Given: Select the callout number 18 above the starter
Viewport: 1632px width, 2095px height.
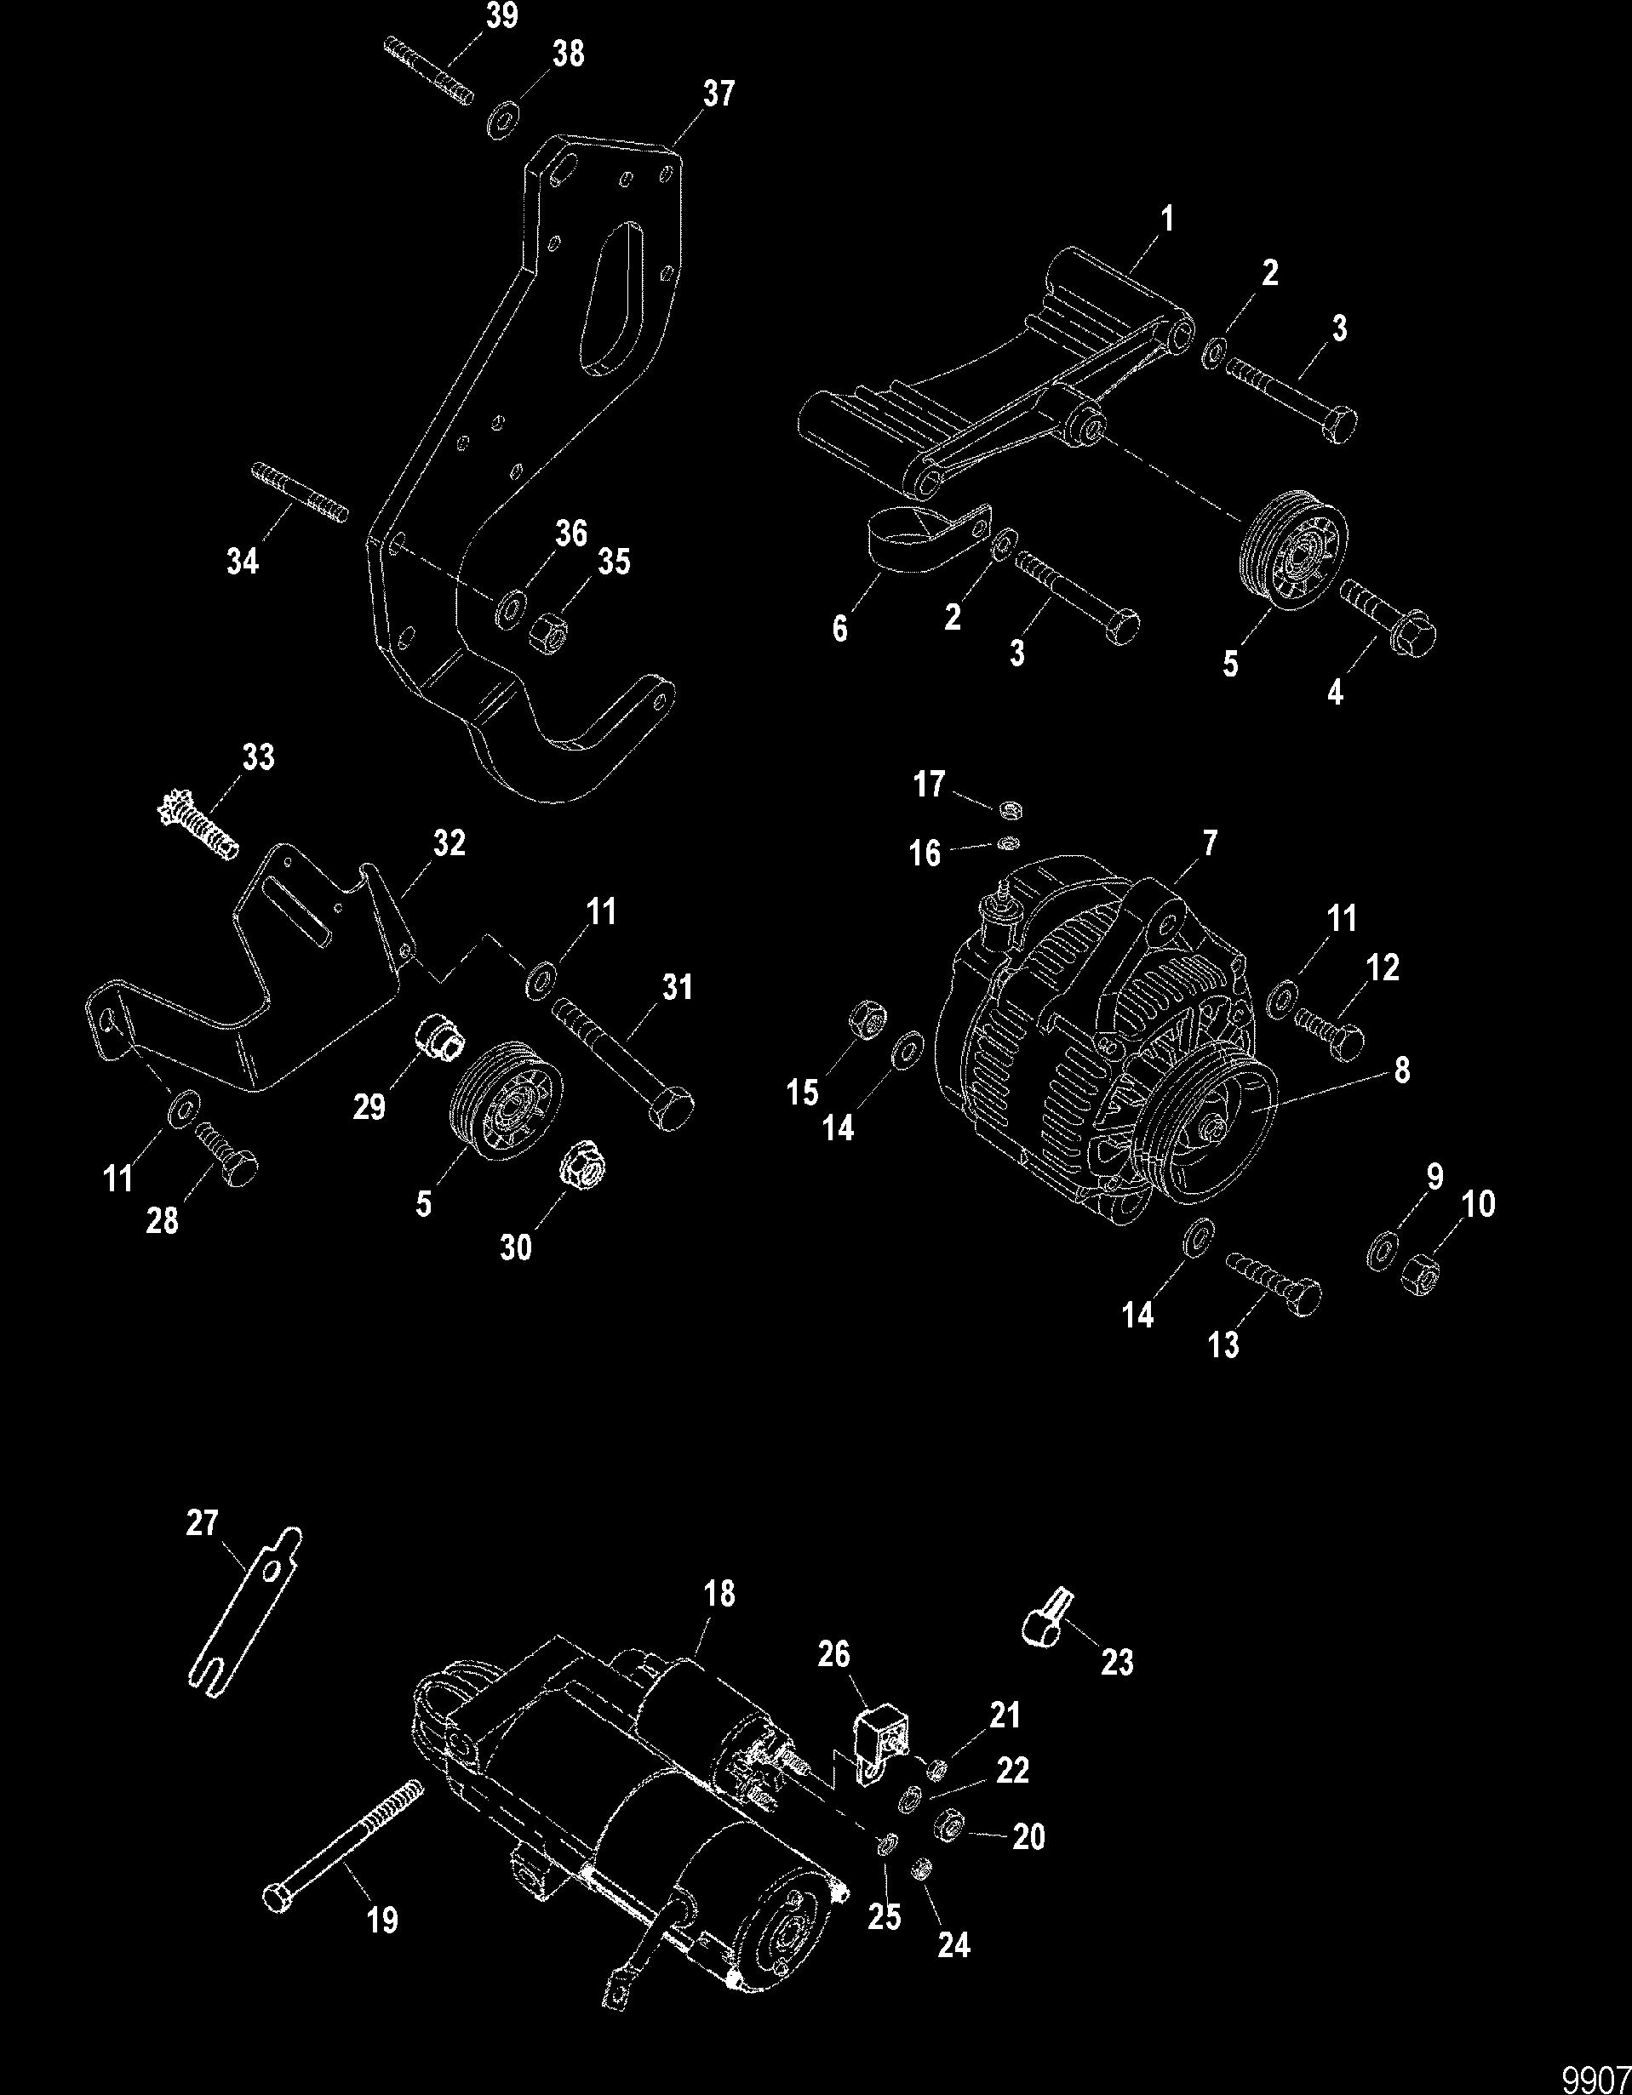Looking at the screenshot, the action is click(x=719, y=1595).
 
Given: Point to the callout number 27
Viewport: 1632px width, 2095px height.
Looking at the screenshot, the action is click(x=202, y=1523).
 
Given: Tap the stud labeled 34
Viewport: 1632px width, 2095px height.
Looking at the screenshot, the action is click(x=301, y=492).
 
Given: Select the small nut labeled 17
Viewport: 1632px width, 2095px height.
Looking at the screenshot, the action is click(x=1008, y=808).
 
